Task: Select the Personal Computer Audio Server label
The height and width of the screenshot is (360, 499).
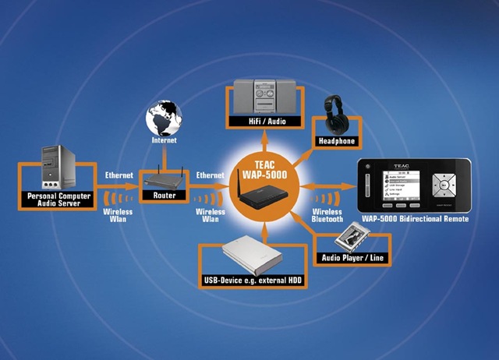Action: [58, 199]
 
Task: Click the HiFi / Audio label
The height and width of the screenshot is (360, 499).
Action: [264, 122]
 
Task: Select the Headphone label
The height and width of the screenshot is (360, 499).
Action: [337, 141]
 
